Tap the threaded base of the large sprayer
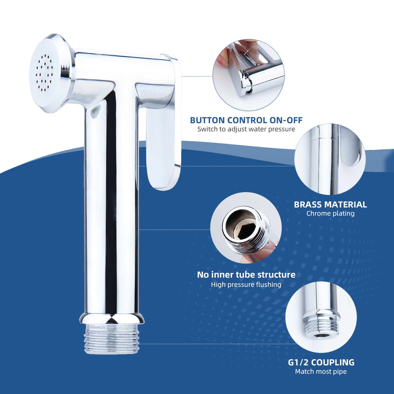tap(112, 339)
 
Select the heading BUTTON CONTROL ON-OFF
tap(246, 120)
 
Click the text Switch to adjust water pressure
tap(246, 129)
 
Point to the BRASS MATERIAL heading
tap(330, 205)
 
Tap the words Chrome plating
tap(330, 213)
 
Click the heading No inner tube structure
tap(246, 275)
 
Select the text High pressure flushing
tap(246, 284)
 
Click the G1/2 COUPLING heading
tap(321, 362)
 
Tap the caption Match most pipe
tap(321, 371)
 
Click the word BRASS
tap(308, 205)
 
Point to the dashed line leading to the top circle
tap(197, 76)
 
